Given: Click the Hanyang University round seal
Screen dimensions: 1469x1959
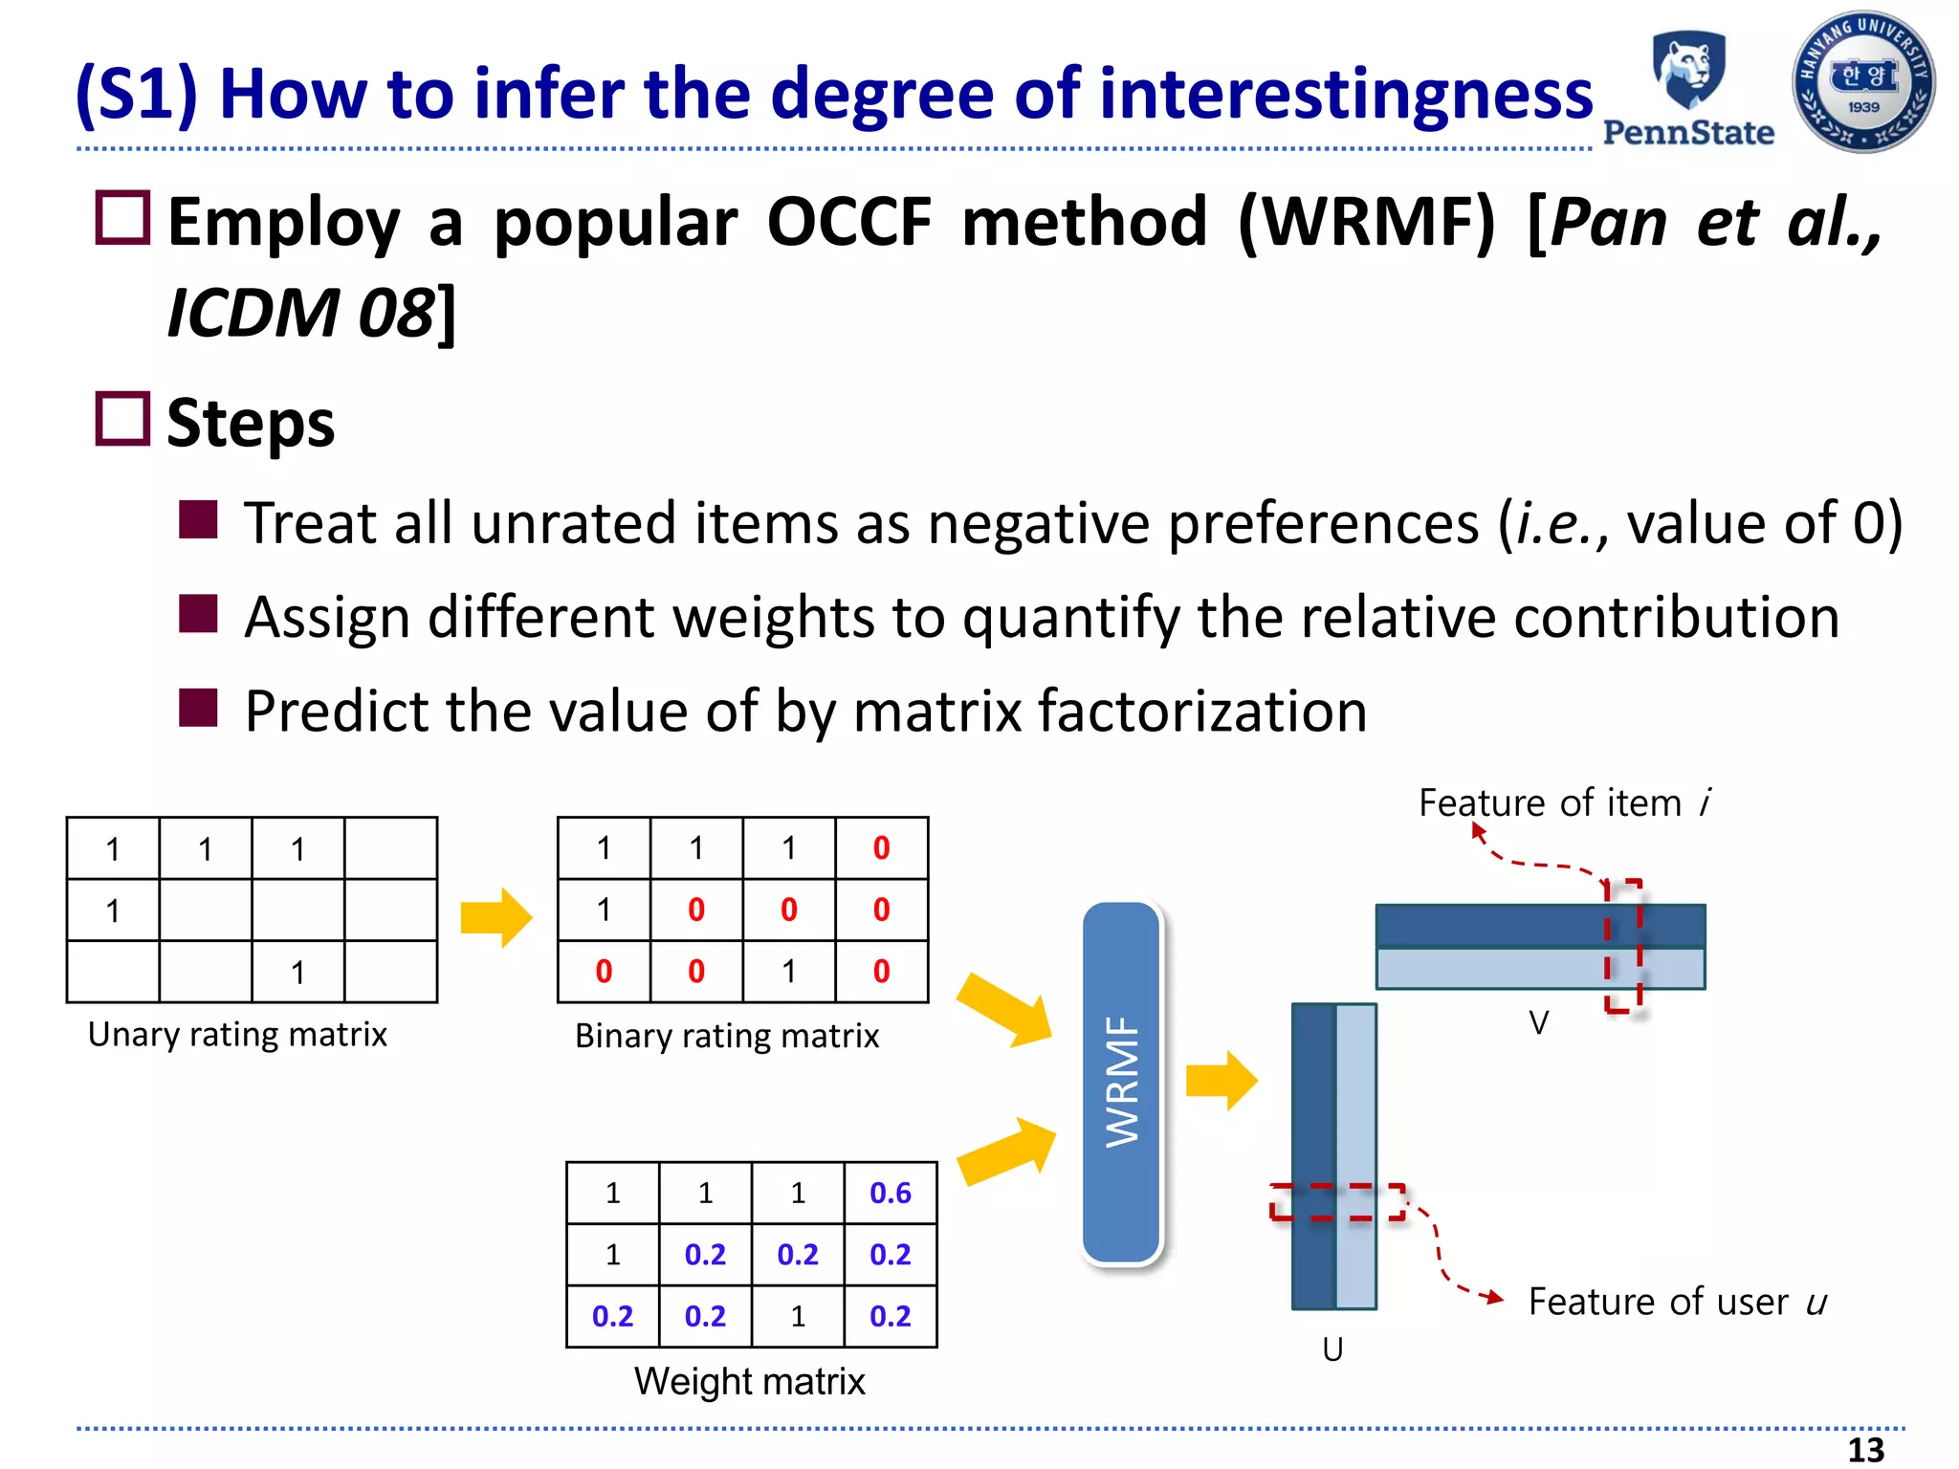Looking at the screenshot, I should coord(1862,82).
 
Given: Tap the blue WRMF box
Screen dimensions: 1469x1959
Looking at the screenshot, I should coord(1121,1082).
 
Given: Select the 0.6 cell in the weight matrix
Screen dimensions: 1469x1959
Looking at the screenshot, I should coord(890,1193).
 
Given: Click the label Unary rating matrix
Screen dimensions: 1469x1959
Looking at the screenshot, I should coord(237,1035).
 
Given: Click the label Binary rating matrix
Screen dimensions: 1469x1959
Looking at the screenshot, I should coord(726,1036).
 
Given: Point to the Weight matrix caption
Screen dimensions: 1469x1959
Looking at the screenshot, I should coord(749,1381).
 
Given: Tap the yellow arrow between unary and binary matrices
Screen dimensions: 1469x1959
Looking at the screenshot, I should coord(495,917).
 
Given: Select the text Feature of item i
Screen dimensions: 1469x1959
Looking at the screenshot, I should coord(1564,802).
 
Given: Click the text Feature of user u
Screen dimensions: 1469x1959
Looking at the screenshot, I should coord(1677,1302).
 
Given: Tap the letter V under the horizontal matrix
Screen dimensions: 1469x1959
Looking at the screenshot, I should coord(1538,1023).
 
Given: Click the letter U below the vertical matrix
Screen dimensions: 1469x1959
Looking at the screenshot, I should coord(1332,1349).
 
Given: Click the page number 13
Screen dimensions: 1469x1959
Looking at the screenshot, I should coord(1864,1450).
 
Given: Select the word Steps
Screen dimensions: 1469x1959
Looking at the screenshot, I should coord(251,423).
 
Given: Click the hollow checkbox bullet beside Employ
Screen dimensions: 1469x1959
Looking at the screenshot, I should coord(122,218).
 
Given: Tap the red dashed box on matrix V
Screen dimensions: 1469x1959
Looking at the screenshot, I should coord(1623,945).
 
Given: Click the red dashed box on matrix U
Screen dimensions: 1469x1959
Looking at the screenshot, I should coord(1337,1202).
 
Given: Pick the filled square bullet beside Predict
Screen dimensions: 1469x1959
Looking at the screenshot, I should coord(198,709).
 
